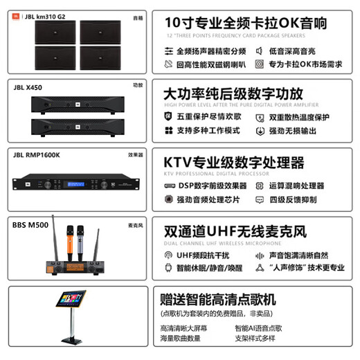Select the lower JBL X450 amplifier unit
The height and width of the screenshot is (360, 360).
click(x=76, y=126)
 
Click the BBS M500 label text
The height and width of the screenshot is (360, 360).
click(x=30, y=224)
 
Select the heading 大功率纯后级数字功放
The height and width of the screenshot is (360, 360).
click(x=232, y=93)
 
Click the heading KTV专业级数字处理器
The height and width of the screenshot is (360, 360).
click(x=233, y=163)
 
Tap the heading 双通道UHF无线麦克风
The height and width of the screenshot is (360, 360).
click(x=235, y=232)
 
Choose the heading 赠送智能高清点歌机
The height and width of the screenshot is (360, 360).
click(x=218, y=300)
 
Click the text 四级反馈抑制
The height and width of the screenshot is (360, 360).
click(x=294, y=199)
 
